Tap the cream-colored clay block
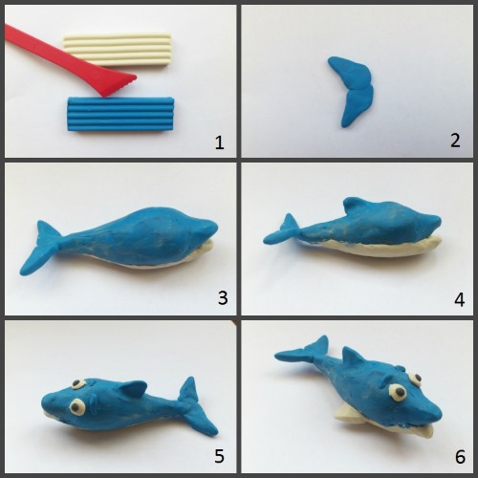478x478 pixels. (x=118, y=50)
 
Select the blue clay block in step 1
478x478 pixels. (x=120, y=114)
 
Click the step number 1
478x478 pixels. (x=219, y=142)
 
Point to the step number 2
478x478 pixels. (x=455, y=141)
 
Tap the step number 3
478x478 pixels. (x=223, y=298)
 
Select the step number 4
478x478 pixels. (x=459, y=299)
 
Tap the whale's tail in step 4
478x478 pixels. (x=282, y=231)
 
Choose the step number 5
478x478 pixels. (x=219, y=456)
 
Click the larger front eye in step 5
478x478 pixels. (x=77, y=407)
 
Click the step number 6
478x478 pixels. (x=460, y=457)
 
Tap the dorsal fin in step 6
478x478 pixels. (x=352, y=358)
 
